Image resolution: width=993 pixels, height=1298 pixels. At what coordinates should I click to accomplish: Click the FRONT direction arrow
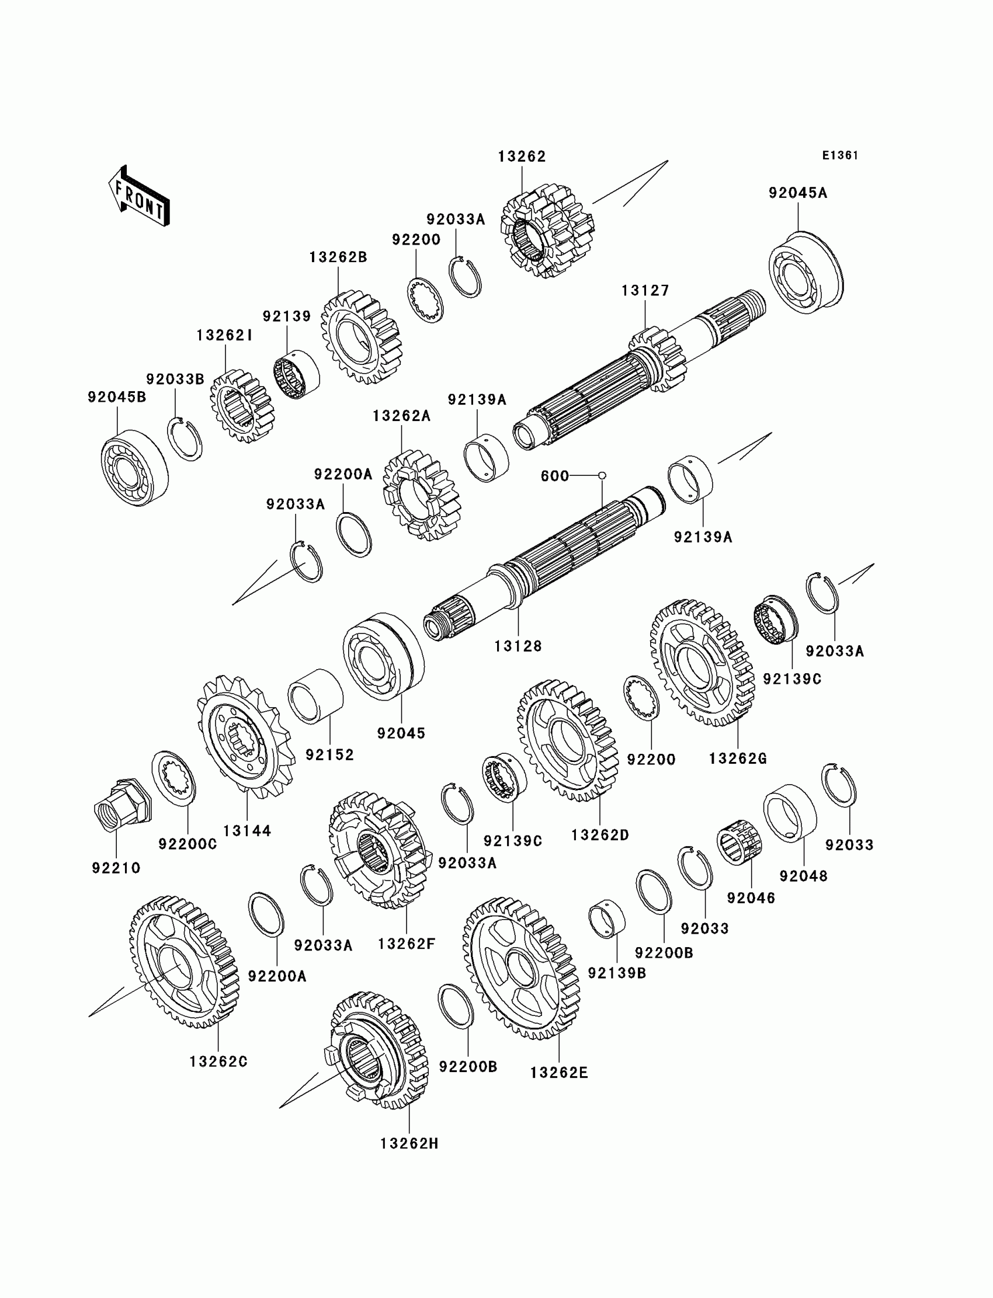click(140, 197)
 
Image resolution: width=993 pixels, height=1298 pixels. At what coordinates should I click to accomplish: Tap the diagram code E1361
click(840, 155)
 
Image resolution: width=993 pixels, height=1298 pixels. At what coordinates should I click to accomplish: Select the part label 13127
click(645, 291)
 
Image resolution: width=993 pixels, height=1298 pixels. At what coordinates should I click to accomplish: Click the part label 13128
click(518, 646)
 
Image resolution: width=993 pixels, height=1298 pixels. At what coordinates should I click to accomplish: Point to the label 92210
click(116, 868)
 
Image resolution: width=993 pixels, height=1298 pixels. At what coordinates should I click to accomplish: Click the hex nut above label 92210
click(121, 804)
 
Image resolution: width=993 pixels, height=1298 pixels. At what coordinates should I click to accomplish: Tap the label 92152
click(330, 755)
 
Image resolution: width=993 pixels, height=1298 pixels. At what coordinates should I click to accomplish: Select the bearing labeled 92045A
click(806, 272)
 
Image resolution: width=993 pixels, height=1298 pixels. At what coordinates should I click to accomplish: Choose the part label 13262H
click(409, 1143)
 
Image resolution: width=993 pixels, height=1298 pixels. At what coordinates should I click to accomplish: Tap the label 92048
click(803, 876)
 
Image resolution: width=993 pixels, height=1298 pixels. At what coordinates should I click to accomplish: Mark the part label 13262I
click(225, 336)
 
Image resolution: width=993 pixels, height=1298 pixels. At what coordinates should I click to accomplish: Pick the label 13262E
click(558, 1072)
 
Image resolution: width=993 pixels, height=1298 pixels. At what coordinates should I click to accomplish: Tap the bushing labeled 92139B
click(607, 919)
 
